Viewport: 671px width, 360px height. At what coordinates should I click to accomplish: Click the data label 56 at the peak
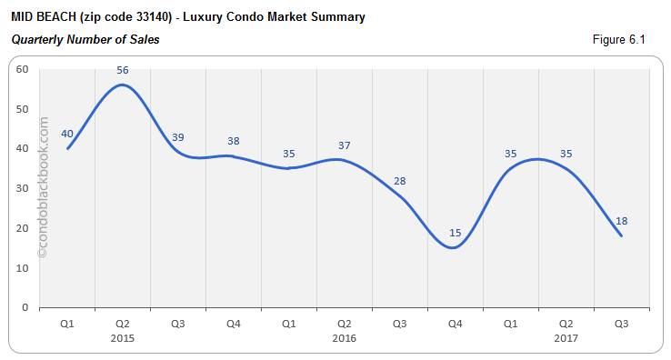click(123, 69)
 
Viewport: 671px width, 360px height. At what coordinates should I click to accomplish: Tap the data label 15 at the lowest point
click(456, 233)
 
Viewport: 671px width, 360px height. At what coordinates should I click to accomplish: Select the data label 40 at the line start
click(67, 134)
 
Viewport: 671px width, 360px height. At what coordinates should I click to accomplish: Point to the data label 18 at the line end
click(621, 221)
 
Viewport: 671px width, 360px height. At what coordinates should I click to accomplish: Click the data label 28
click(399, 181)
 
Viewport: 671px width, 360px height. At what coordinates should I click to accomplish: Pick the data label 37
click(344, 145)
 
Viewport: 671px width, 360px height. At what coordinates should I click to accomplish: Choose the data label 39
click(178, 137)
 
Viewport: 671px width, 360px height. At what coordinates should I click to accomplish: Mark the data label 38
click(234, 141)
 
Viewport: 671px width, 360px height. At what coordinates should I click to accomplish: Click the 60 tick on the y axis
click(22, 69)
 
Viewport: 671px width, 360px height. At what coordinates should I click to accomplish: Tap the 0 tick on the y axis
click(25, 308)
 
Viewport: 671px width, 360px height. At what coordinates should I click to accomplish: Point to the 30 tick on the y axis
click(22, 188)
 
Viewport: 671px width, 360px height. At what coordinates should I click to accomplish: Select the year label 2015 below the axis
click(123, 338)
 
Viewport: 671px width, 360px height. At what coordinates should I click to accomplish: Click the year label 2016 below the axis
click(344, 338)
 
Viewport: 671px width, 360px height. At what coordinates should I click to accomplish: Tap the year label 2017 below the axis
click(566, 338)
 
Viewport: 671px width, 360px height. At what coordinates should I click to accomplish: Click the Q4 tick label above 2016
click(456, 323)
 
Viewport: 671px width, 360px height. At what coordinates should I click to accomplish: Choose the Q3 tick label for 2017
click(621, 323)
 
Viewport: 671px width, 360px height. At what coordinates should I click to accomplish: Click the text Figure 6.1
click(619, 39)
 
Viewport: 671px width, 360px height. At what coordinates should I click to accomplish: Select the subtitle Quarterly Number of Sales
click(85, 39)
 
